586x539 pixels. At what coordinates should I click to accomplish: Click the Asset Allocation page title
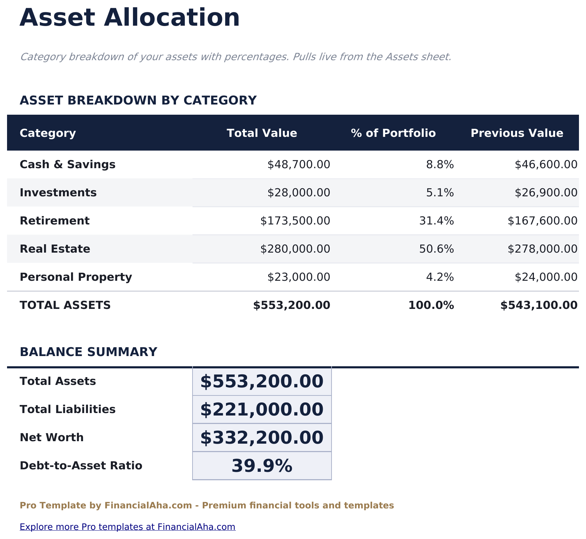point(130,18)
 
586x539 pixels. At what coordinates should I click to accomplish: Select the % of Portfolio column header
point(393,133)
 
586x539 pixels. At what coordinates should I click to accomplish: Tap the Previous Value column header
point(517,133)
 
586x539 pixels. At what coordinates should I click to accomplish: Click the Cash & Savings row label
point(68,164)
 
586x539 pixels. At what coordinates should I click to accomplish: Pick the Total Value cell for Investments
point(298,192)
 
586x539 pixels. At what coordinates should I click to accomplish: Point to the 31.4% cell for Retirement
point(436,221)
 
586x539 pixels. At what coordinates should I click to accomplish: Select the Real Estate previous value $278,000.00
point(542,249)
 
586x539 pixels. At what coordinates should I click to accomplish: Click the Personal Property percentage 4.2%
point(440,277)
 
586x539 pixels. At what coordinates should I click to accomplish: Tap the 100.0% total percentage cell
point(431,305)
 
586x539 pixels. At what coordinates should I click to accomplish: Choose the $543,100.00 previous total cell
point(539,305)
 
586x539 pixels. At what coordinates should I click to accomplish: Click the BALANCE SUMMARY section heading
point(88,352)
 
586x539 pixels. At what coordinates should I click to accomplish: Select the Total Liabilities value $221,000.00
point(262,410)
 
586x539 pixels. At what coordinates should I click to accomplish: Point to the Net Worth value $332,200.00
point(262,438)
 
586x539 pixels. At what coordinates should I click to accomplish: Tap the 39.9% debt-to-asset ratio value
point(262,466)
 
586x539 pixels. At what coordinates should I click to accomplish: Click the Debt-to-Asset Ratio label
point(81,465)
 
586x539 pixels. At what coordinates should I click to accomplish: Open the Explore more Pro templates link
point(127,527)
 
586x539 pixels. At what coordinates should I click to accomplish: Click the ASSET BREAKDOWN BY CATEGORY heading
point(138,100)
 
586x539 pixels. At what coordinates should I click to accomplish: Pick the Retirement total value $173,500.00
point(295,221)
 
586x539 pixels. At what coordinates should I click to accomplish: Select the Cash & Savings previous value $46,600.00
point(546,164)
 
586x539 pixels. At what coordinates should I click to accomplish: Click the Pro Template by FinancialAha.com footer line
point(207,506)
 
